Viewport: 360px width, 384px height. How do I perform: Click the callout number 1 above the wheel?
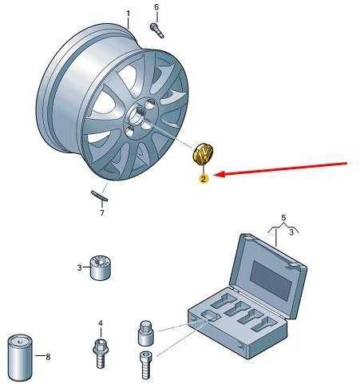tap(129, 14)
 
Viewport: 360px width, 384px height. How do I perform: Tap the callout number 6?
tap(156, 7)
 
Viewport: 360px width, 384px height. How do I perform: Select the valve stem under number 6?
tap(157, 30)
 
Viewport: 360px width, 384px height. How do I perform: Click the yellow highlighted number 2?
tap(204, 179)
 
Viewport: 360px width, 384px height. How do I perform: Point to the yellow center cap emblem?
tap(203, 154)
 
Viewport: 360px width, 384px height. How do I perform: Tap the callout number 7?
tap(102, 213)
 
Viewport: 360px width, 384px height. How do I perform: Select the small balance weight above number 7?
tap(99, 196)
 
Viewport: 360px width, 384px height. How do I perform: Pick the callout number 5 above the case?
tap(283, 218)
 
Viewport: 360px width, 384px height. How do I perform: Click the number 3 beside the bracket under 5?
tap(291, 232)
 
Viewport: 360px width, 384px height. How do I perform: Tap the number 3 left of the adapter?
tap(79, 267)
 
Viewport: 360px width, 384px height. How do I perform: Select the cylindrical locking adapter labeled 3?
tap(101, 268)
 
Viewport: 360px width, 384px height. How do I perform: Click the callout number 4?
tap(101, 323)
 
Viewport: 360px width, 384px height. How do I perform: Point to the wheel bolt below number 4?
tap(100, 354)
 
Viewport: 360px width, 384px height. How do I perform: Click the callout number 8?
tap(48, 357)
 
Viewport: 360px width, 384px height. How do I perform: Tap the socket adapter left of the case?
tap(146, 333)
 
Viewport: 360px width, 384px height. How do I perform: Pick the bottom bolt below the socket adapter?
tap(145, 365)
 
